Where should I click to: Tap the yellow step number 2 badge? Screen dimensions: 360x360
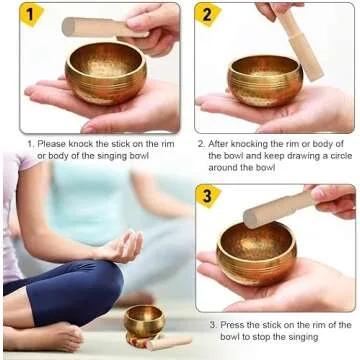[x=209, y=15]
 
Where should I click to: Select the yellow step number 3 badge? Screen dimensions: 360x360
[x=209, y=196]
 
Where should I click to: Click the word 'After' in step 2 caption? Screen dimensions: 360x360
[x=222, y=143]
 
